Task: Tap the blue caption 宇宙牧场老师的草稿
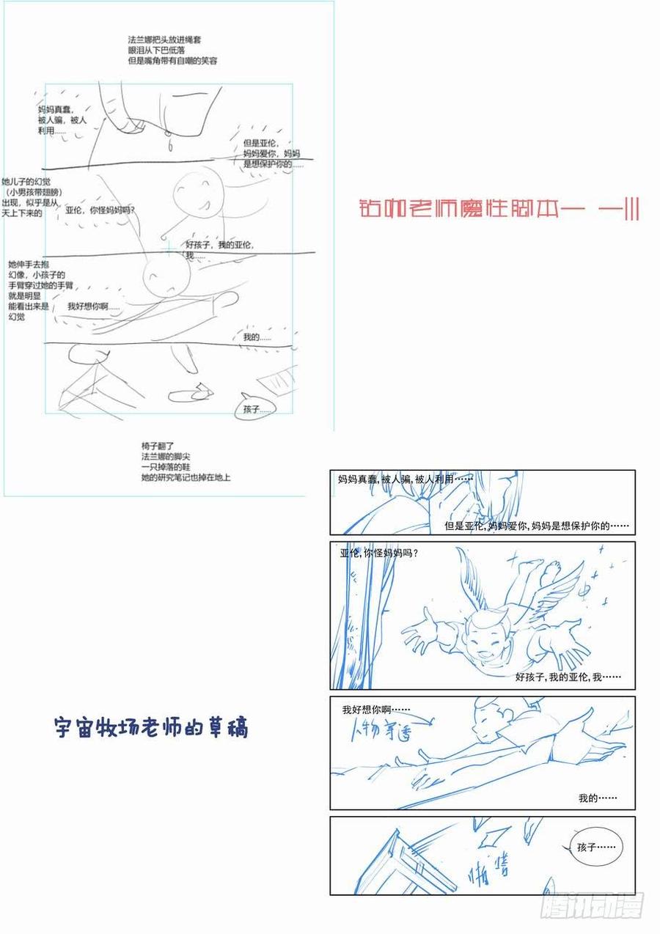coord(152,727)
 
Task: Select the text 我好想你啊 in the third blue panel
coord(375,710)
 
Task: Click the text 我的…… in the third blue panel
coord(597,798)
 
